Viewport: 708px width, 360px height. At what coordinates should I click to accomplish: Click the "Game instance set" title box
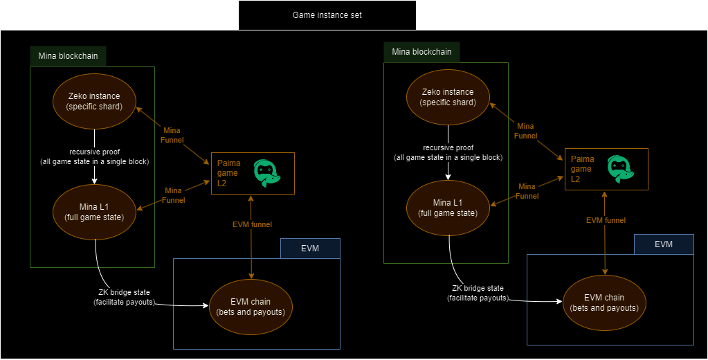pos(327,15)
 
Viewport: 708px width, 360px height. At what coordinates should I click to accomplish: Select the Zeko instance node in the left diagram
pos(95,101)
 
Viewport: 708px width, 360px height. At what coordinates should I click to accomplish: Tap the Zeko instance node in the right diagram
pos(448,97)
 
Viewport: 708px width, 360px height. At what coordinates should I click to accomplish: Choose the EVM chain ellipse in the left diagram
pos(251,306)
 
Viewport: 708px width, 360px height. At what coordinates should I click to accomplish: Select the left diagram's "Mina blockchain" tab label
pos(67,56)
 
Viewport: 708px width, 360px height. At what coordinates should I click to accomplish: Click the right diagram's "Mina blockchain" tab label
pos(421,52)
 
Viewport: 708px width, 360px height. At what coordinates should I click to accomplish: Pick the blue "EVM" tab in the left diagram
pos(311,249)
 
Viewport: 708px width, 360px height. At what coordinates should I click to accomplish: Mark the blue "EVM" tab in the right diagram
pos(664,244)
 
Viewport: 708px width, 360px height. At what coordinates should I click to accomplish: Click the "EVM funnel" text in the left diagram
pos(252,224)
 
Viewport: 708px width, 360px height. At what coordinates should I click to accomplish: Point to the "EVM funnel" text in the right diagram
pos(606,220)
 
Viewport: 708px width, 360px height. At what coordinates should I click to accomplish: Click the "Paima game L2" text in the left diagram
pos(228,173)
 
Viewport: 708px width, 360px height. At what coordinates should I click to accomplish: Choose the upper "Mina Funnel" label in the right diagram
pos(527,130)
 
